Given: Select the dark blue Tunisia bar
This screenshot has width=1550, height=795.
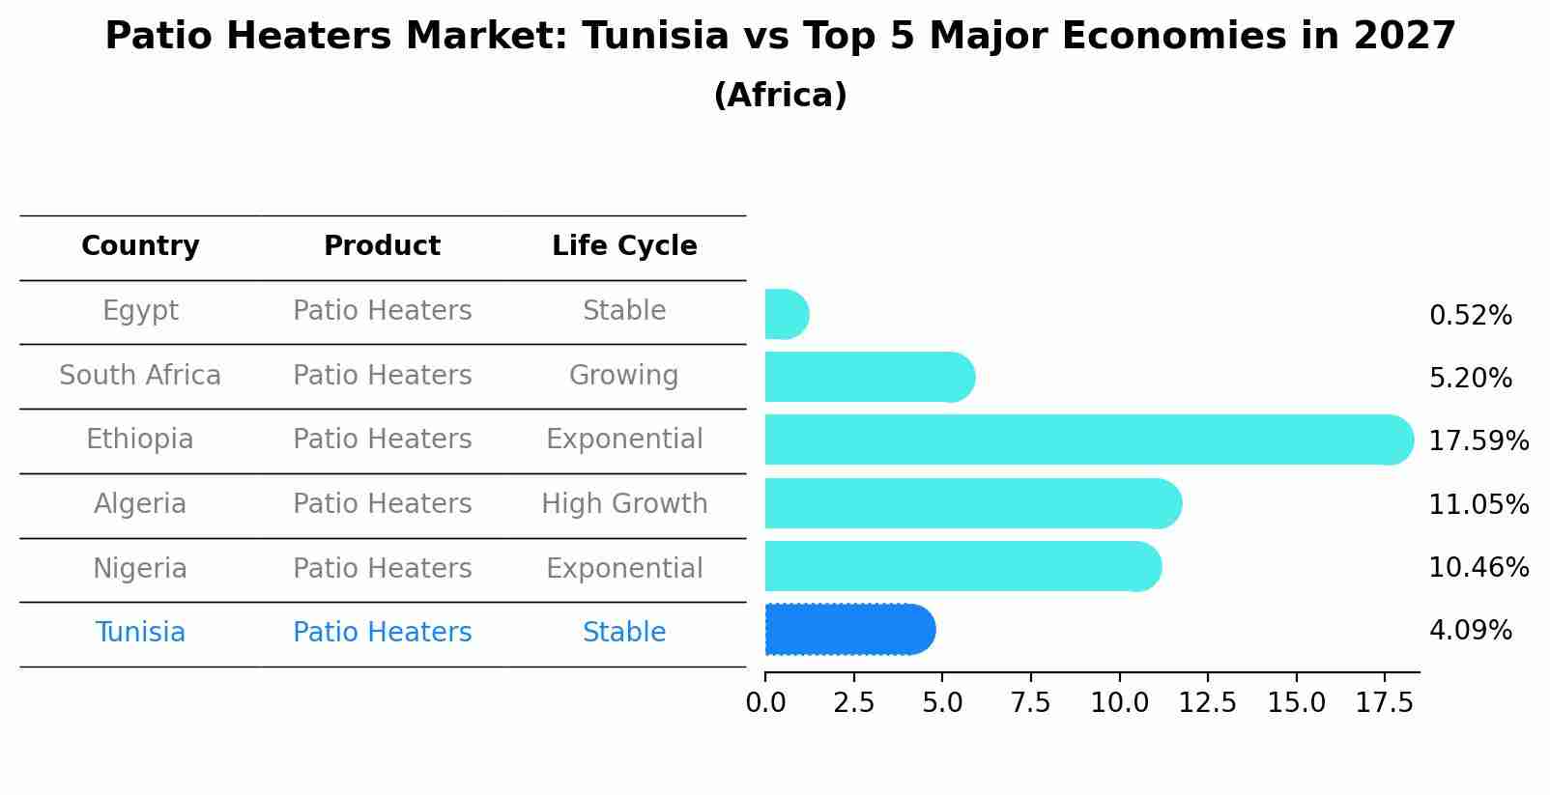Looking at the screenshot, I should pos(848,630).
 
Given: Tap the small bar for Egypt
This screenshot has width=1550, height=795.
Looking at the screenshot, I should pos(786,314).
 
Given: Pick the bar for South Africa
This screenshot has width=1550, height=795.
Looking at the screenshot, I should pos(868,377).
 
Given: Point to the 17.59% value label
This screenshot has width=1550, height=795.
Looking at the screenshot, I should pos(1478,441).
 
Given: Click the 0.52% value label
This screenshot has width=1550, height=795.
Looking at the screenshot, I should pos(1470,316).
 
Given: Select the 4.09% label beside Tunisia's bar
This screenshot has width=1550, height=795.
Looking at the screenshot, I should pos(1470,631).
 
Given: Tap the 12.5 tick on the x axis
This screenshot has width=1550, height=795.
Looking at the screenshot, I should pos(1207,703).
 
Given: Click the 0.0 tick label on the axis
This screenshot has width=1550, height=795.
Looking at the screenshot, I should pos(765,703).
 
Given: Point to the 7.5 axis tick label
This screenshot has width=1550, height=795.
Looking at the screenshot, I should pos(1030,703).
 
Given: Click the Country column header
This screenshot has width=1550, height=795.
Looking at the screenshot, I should pos(140,246).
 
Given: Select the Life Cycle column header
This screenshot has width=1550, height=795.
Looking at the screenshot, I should pos(624,246).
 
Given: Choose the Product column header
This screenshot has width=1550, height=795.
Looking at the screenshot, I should pos(382,246).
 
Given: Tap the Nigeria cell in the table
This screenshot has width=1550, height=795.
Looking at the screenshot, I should pos(140,568).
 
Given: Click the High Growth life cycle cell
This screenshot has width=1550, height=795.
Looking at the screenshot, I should pos(624,504).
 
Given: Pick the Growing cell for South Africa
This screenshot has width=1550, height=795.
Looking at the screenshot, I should pos(623,375).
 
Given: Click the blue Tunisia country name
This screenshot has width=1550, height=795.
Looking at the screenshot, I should pos(140,633).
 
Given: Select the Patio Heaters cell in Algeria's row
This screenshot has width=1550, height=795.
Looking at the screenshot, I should pos(382,504).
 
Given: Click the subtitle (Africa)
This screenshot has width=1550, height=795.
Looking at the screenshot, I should pos(780,96).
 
